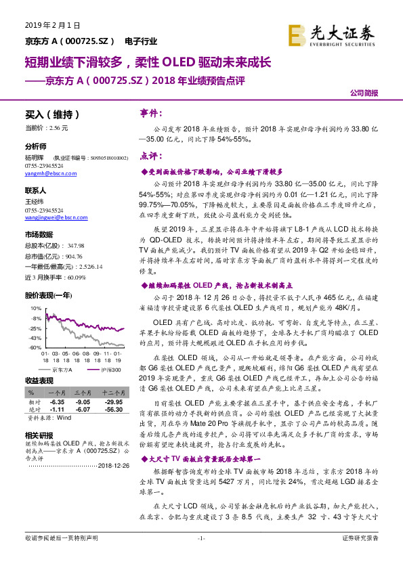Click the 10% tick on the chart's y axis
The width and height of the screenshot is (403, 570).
pyautogui.click(x=35, y=308)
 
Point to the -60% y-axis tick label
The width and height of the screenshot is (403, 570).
pyautogui.click(x=35, y=347)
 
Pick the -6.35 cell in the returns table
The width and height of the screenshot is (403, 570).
pyautogui.click(x=56, y=401)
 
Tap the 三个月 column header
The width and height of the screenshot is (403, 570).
pyautogui.click(x=83, y=393)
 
